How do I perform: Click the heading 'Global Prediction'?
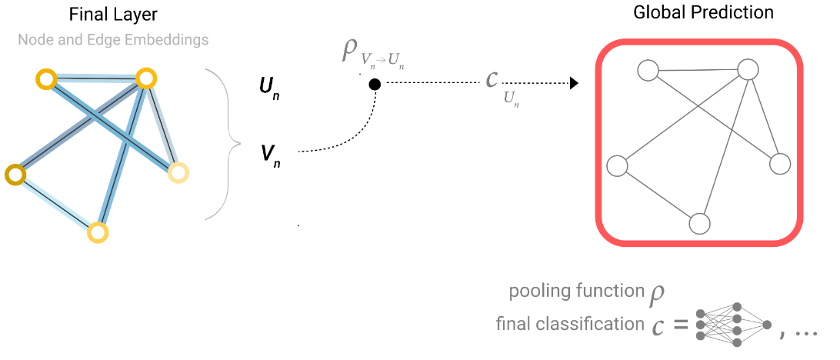702,12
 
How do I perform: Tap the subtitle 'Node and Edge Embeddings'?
113,38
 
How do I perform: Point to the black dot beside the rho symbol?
375,85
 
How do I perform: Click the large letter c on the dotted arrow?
492,79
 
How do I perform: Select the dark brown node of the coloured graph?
15,175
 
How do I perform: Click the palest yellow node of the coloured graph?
178,173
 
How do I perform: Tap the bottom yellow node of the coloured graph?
97,232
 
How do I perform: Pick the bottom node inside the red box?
698,223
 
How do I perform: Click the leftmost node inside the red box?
617,165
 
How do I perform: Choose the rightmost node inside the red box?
780,164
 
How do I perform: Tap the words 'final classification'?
570,324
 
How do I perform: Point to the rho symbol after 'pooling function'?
656,293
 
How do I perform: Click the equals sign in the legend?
679,326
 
